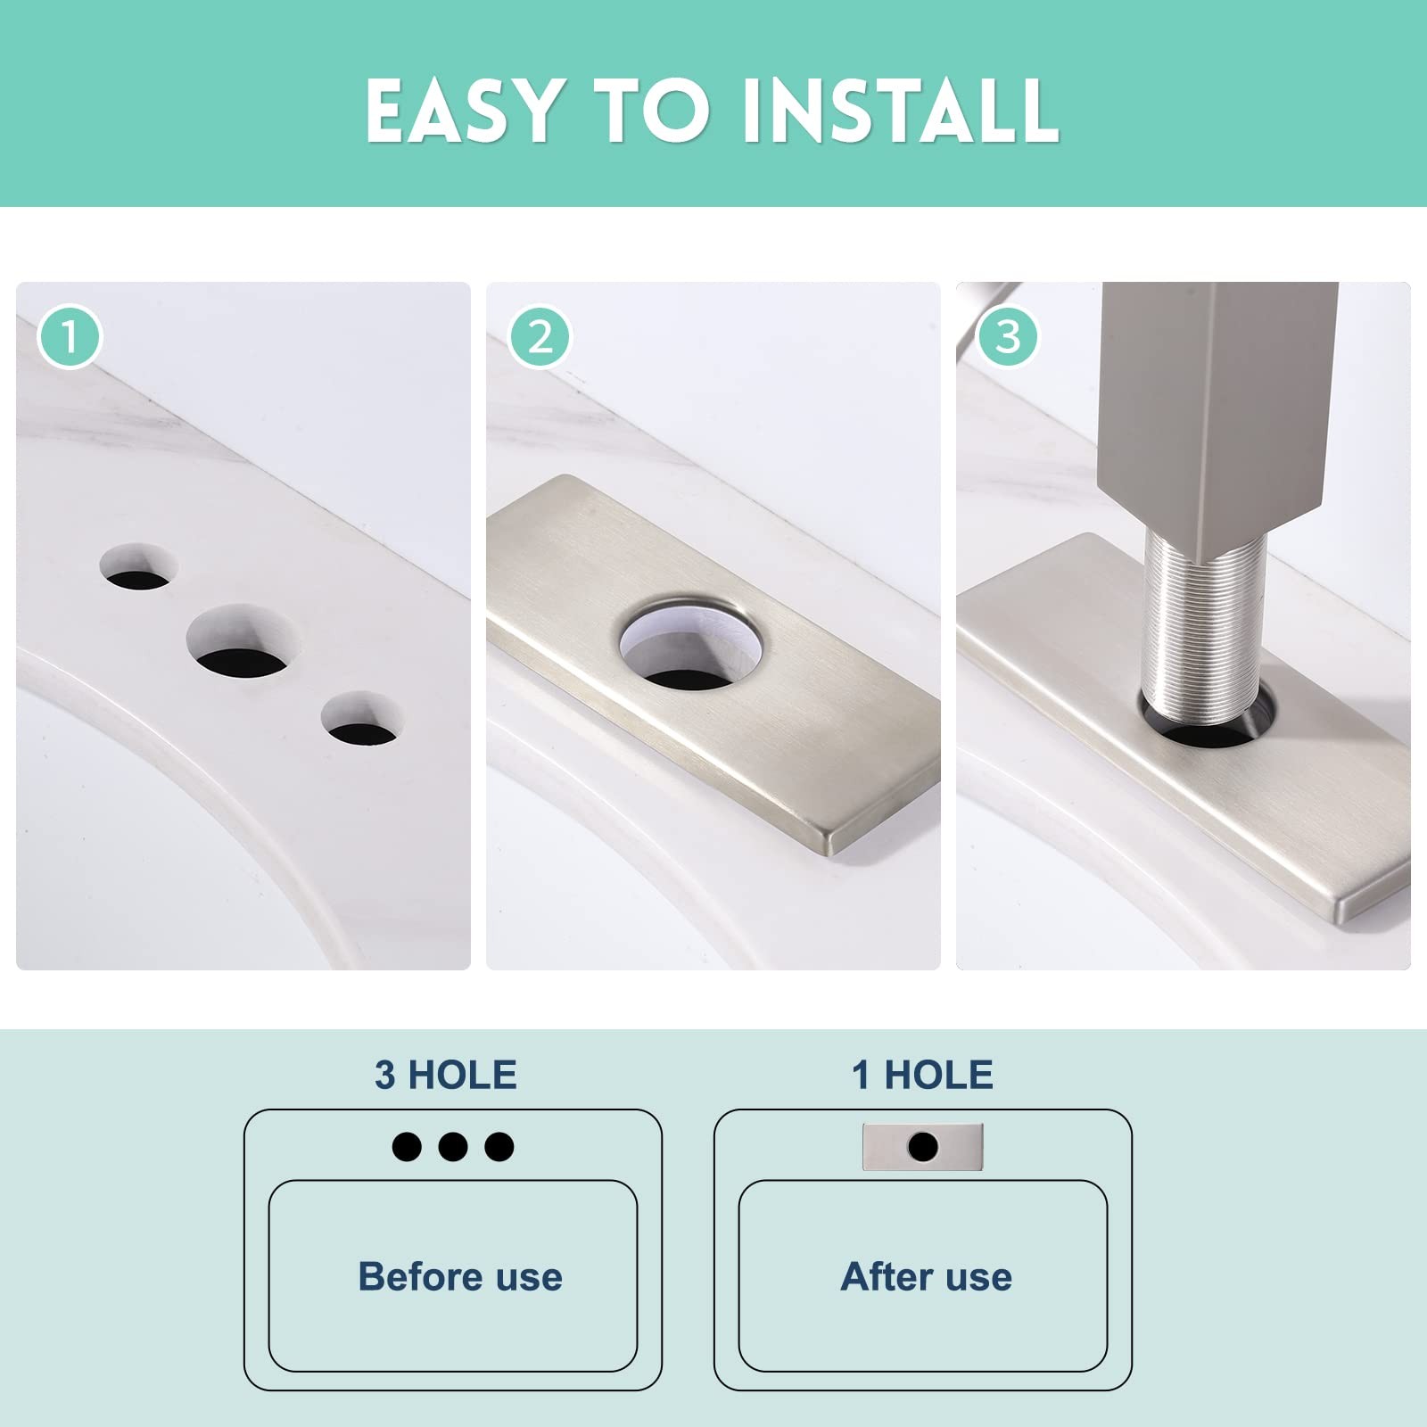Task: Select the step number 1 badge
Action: point(69,337)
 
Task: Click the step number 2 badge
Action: point(540,337)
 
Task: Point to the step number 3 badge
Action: point(1008,337)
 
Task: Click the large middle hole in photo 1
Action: point(243,641)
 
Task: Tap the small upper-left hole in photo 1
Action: point(138,566)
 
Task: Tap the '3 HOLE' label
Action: point(446,1075)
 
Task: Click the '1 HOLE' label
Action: point(922,1075)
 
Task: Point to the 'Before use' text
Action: point(460,1276)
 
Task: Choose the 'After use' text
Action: point(926,1276)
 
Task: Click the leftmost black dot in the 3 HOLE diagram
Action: point(407,1146)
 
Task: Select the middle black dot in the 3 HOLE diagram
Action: point(453,1146)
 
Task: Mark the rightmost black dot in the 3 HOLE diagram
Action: point(499,1146)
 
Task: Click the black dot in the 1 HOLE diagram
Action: point(923,1146)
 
